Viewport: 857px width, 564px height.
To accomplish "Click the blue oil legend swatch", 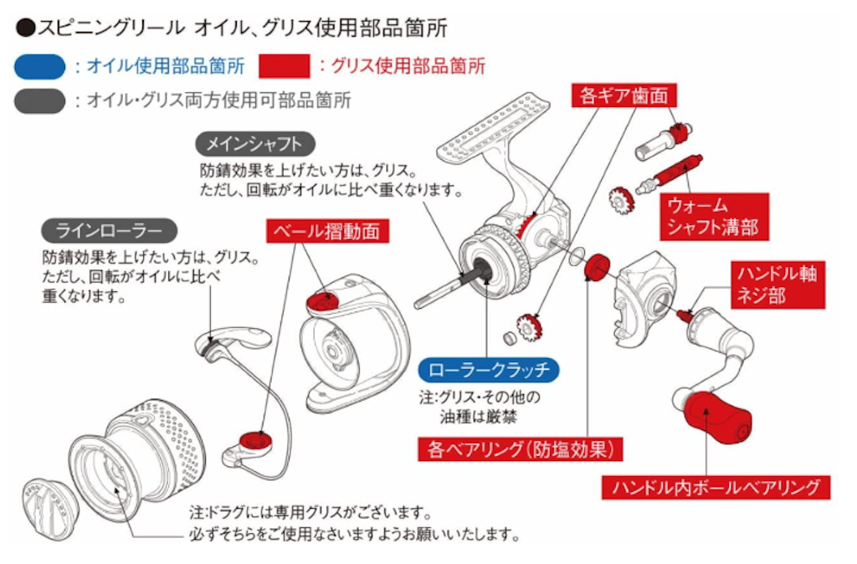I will tap(39, 66).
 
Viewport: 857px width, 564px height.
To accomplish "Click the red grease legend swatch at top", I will tap(285, 66).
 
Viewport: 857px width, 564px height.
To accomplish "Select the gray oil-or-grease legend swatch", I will tap(39, 100).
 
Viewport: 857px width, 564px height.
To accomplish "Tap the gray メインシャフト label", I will tap(249, 142).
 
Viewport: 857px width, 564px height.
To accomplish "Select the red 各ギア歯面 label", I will tap(624, 95).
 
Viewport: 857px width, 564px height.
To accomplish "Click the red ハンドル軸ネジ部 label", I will tap(775, 284).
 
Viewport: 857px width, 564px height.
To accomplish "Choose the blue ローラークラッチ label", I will tap(488, 368).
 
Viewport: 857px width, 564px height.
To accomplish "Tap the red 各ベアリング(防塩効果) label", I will tap(521, 449).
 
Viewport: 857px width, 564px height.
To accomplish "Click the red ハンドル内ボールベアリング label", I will tap(715, 486).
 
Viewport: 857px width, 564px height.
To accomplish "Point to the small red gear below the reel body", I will tap(527, 326).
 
